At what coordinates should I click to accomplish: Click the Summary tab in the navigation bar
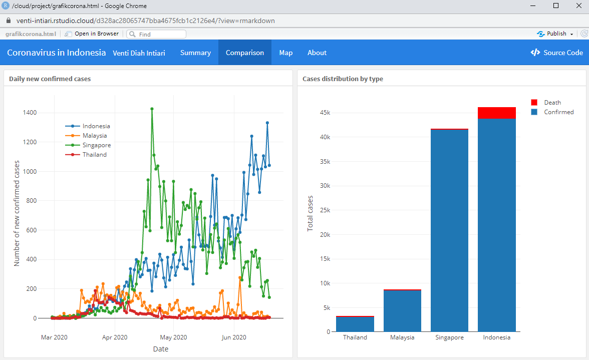195,53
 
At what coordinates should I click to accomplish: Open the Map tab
286,53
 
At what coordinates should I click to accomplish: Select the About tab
317,53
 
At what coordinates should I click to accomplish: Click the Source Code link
557,53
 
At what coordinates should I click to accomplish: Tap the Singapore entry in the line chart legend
97,145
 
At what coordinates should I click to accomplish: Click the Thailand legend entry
95,155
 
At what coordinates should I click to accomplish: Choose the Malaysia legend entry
95,136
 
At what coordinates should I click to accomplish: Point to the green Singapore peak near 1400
152,109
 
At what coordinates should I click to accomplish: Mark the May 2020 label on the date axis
173,337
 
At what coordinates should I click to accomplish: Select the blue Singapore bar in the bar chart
449,230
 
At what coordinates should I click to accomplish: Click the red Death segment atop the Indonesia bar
497,113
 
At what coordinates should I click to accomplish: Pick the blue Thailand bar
355,324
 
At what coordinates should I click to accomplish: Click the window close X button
577,6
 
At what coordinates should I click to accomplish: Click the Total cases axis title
310,213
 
